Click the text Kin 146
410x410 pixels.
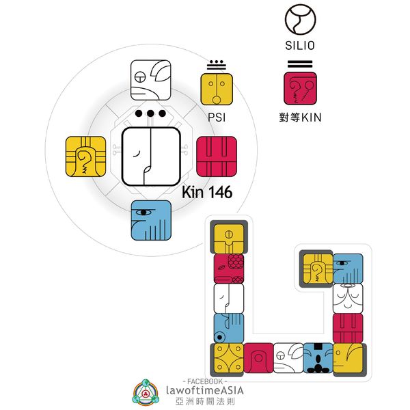[x=207, y=193]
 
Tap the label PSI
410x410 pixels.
[x=216, y=117]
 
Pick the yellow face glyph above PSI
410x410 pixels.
[x=216, y=89]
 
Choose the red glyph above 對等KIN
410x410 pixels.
[x=300, y=89]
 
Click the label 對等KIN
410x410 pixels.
[x=300, y=117]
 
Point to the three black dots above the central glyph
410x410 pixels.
[x=151, y=113]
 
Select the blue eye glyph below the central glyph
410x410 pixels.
[x=151, y=220]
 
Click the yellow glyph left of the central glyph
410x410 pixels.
[x=86, y=156]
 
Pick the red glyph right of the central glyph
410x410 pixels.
[x=216, y=156]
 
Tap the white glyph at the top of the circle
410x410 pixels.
[x=151, y=80]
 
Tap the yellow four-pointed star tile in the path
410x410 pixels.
[x=228, y=357]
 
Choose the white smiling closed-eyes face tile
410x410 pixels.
[x=348, y=298]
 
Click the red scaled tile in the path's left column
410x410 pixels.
[x=228, y=268]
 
